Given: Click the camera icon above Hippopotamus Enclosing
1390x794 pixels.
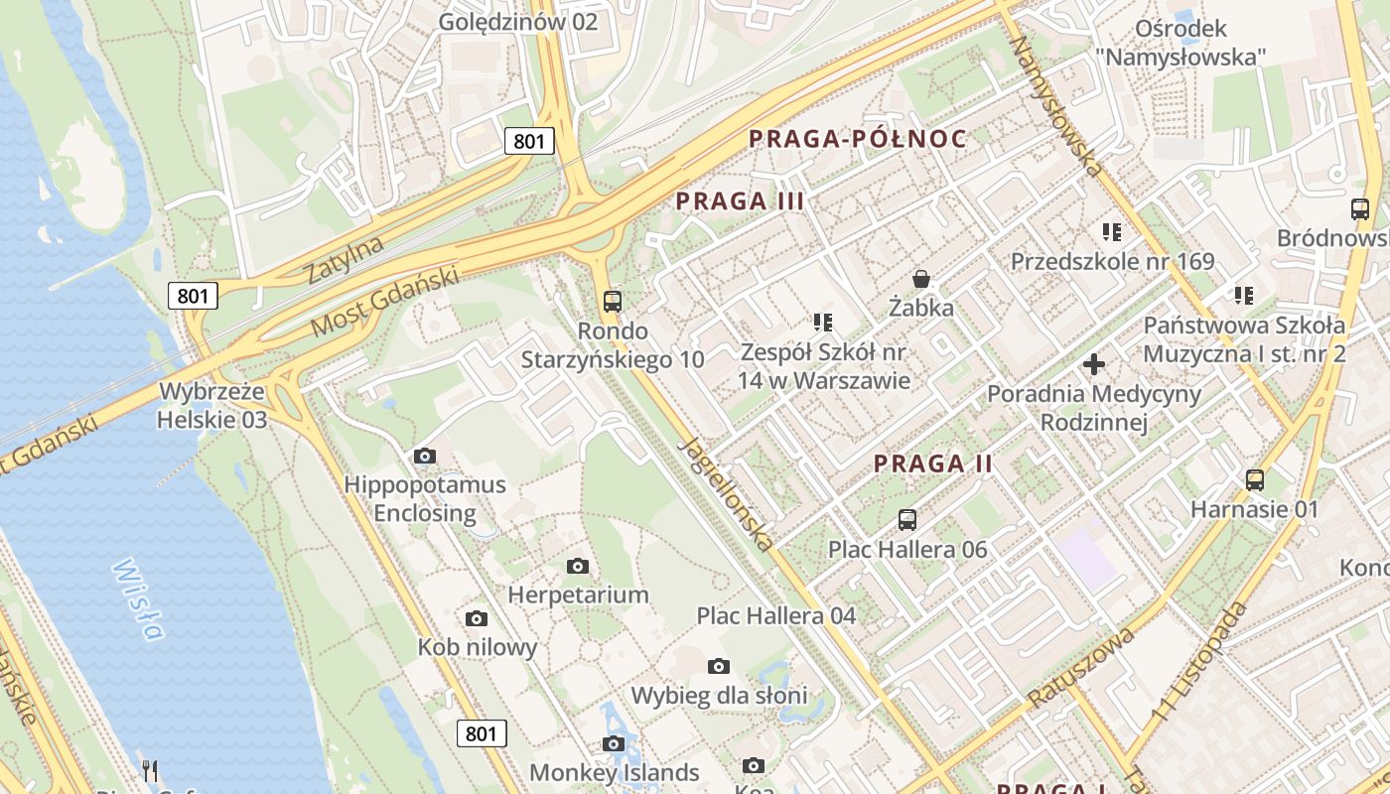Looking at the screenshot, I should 425,456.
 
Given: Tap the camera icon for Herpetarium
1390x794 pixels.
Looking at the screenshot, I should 578,566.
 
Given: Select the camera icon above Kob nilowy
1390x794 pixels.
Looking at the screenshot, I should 477,618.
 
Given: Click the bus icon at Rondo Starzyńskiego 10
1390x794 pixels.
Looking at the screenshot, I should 613,301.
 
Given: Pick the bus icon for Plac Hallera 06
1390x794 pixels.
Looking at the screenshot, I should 907,519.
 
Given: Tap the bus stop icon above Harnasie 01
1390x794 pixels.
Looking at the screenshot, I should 1255,480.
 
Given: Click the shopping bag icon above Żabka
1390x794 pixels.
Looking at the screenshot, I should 921,279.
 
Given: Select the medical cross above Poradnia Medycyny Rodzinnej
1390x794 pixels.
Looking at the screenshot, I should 1094,364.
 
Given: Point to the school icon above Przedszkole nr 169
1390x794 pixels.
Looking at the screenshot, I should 1112,232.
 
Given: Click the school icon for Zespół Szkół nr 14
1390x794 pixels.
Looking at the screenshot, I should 822,322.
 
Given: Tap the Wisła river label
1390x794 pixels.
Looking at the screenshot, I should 137,598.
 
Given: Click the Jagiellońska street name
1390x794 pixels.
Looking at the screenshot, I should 725,493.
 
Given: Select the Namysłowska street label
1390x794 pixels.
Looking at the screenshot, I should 1056,107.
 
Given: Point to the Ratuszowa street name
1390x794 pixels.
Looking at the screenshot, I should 1081,668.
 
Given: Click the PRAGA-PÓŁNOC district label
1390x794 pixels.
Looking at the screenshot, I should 858,139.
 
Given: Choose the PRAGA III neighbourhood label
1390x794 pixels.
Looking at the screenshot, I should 740,201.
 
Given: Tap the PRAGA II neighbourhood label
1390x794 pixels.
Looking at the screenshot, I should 933,463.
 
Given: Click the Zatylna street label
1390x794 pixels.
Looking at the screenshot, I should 345,260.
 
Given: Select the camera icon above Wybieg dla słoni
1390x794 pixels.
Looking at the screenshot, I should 719,666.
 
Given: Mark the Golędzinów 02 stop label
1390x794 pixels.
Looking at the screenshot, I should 518,21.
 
